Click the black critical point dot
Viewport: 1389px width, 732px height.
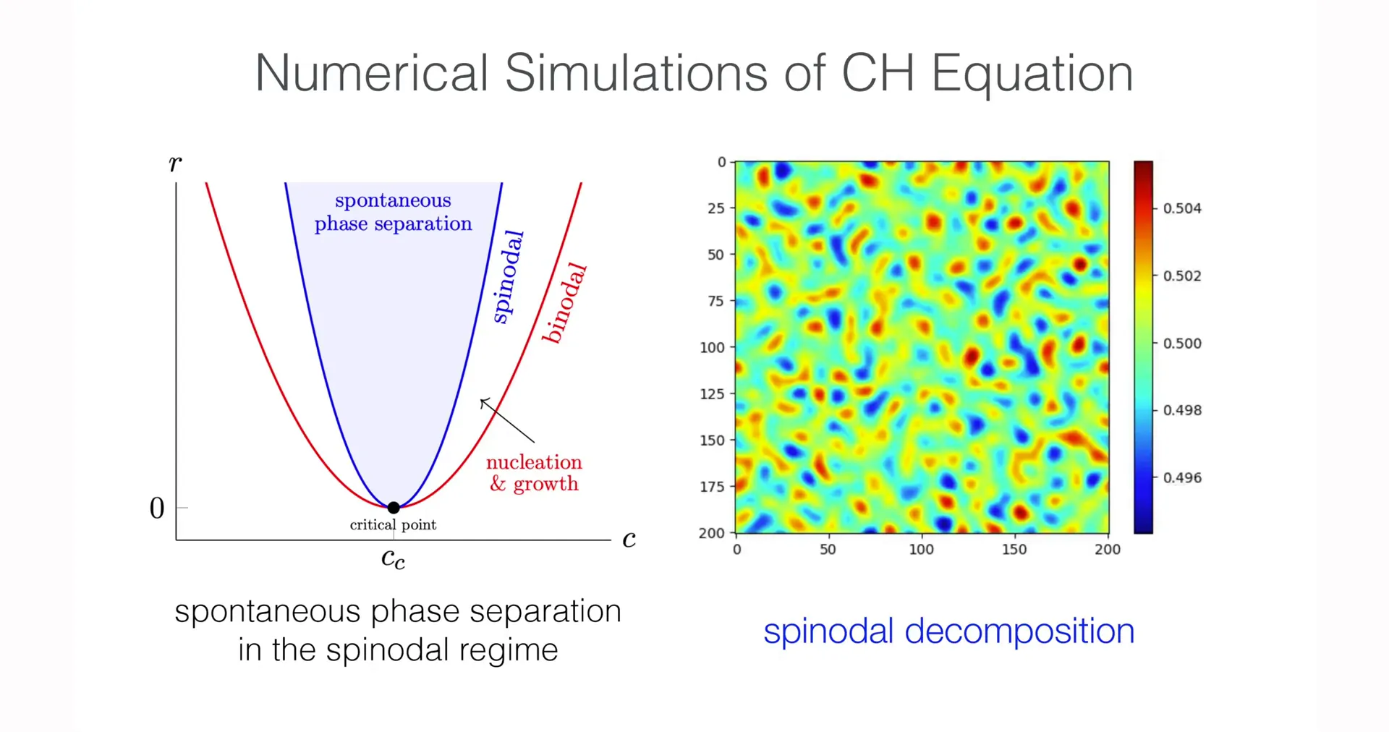click(394, 508)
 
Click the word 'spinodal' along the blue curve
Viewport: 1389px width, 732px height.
click(508, 276)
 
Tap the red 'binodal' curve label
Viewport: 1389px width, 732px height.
click(564, 303)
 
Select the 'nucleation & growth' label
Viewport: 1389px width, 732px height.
click(534, 473)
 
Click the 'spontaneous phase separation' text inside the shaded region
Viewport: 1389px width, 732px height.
click(393, 212)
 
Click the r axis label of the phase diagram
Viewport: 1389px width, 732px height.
click(175, 163)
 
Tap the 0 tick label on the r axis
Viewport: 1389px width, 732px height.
click(157, 508)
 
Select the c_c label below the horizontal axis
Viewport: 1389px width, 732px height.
click(393, 558)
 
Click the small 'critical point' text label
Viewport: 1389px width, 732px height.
click(393, 525)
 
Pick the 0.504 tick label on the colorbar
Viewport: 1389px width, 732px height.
click(1182, 208)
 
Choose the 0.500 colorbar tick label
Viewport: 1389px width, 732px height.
click(1182, 344)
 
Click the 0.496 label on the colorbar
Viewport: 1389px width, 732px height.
click(1182, 478)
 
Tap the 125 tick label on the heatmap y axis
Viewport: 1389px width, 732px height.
click(712, 394)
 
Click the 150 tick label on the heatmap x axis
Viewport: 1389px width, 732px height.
click(1014, 550)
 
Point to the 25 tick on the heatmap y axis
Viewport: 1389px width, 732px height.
click(715, 208)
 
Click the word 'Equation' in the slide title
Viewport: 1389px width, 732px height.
click(1032, 74)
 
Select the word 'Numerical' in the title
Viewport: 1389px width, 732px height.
click(372, 74)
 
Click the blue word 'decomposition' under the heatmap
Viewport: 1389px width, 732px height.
click(1019, 631)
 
